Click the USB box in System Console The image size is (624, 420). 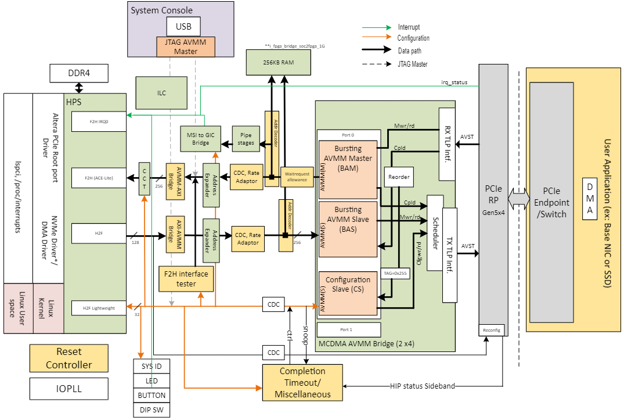click(183, 26)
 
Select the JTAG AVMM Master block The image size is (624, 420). click(186, 46)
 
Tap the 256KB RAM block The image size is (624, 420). click(278, 62)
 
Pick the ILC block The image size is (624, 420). click(161, 92)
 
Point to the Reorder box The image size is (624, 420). click(399, 177)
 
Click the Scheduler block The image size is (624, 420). click(435, 233)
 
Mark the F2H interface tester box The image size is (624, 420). click(186, 278)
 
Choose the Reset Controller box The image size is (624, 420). click(69, 358)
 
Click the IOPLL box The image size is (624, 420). click(69, 389)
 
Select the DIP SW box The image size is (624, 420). click(152, 410)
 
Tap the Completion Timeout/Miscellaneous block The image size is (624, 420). click(302, 382)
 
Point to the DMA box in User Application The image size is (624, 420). click(590, 198)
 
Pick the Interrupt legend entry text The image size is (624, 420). click(409, 27)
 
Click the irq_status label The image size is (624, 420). click(454, 82)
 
